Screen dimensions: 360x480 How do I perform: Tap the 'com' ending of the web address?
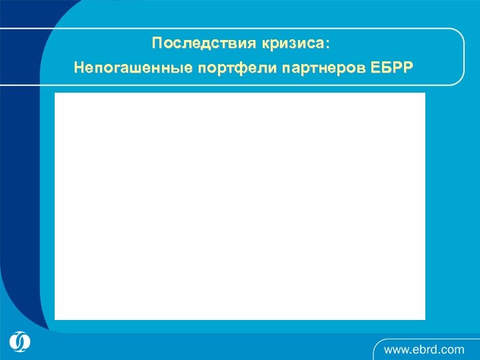click(454, 349)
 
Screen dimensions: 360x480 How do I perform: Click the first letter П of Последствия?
click(157, 44)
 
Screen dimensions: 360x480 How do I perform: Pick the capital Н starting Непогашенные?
click(79, 67)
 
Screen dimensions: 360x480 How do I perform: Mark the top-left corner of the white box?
click(55, 94)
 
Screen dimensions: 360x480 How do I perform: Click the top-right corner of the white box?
click(424, 94)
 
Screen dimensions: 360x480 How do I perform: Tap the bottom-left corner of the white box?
click(55, 319)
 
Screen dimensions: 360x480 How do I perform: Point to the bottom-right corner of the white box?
click(424, 319)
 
